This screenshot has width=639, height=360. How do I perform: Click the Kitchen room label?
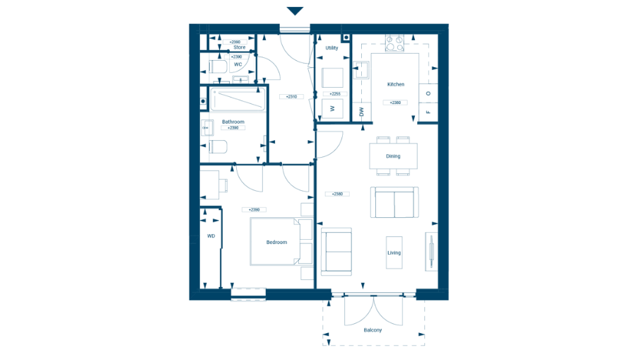(x=396, y=84)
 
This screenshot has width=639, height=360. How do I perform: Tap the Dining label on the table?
(x=393, y=156)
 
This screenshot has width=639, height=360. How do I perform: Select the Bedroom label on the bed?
(x=276, y=243)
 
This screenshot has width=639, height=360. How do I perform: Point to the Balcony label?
(x=373, y=330)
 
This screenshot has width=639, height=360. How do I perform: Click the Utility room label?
(x=332, y=48)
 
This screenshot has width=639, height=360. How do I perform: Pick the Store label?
(x=239, y=47)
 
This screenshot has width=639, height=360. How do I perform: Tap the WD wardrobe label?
(x=211, y=236)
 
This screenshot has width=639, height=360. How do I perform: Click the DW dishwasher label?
(x=361, y=112)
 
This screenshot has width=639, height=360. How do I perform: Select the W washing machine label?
(x=332, y=108)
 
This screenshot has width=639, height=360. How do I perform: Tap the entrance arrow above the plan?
(x=295, y=11)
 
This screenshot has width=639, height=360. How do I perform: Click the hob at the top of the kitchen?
(x=394, y=43)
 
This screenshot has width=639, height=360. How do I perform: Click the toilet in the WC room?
(x=217, y=67)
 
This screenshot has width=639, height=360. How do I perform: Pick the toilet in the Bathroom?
(x=217, y=147)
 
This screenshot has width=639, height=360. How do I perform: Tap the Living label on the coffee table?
(x=394, y=252)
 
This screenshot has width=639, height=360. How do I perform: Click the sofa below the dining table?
(x=395, y=203)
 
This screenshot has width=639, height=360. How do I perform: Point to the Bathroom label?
(x=233, y=122)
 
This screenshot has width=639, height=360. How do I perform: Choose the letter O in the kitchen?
(x=428, y=93)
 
